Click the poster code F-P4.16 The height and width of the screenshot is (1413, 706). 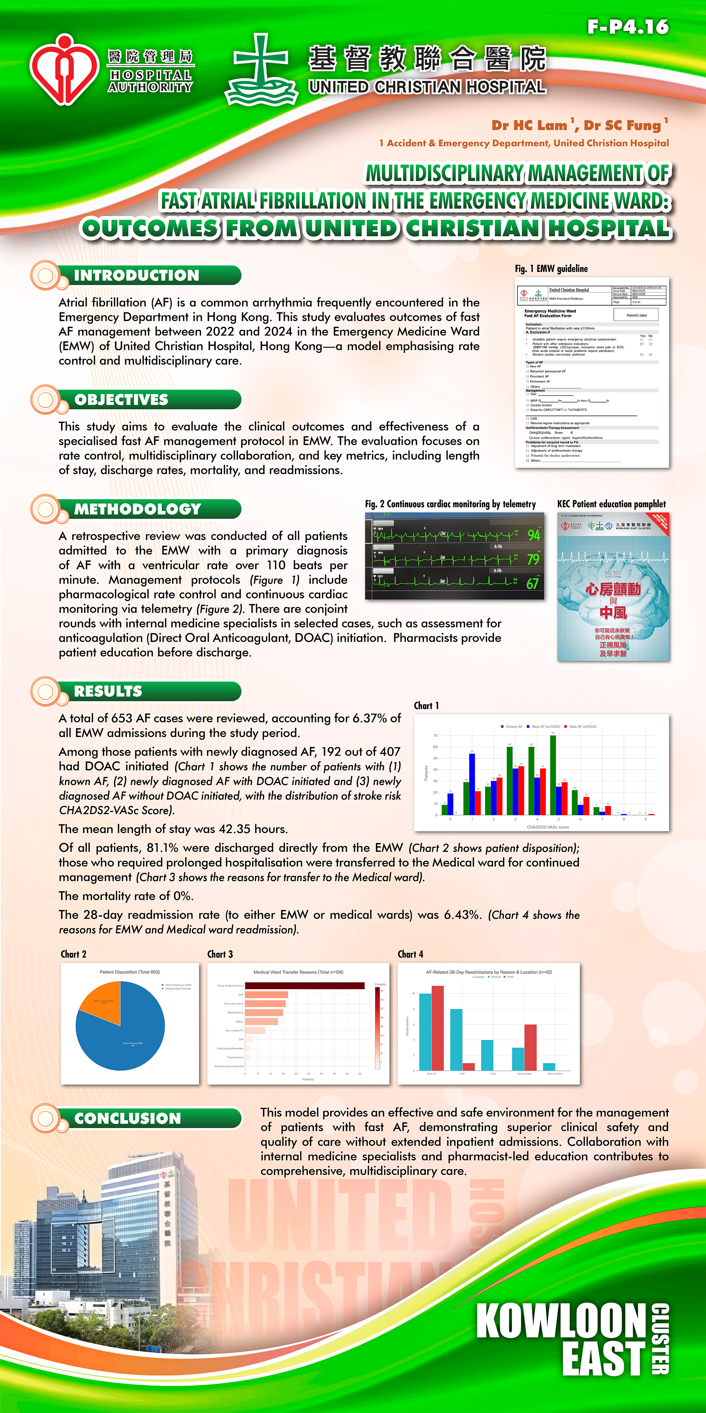pyautogui.click(x=628, y=26)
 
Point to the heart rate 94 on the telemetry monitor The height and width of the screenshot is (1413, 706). pyautogui.click(x=533, y=535)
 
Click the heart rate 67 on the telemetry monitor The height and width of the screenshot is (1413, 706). pyautogui.click(x=532, y=584)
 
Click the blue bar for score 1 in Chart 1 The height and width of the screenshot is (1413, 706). pyautogui.click(x=472, y=784)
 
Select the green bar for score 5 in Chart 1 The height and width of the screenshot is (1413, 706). pyautogui.click(x=553, y=775)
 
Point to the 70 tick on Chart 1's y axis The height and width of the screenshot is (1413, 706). pyautogui.click(x=435, y=736)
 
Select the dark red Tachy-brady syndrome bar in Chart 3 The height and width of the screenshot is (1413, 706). pyautogui.click(x=305, y=986)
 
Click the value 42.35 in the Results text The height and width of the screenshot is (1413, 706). pyautogui.click(x=236, y=829)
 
